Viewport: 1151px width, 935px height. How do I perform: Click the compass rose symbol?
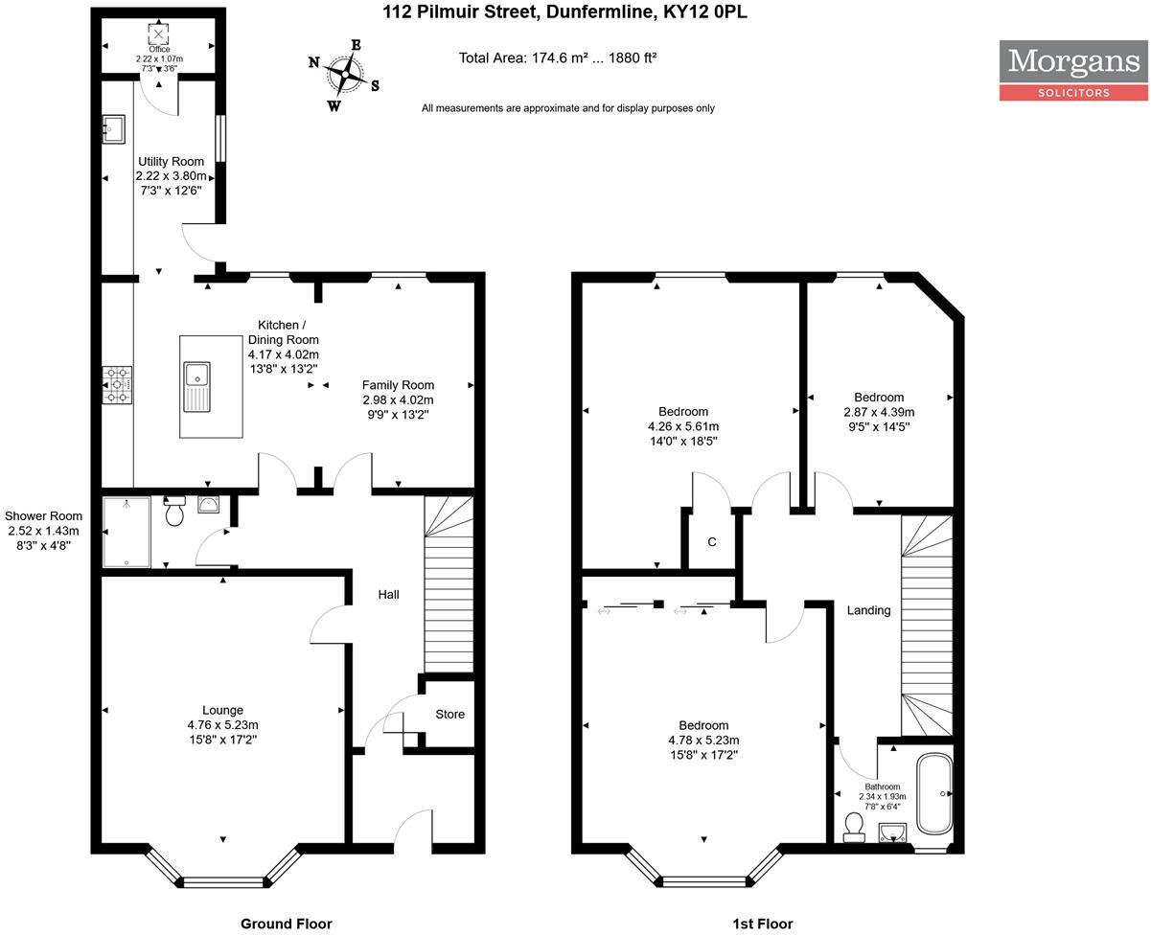point(344,72)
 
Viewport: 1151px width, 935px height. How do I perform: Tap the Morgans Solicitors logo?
point(1073,70)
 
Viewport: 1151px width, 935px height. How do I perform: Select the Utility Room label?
point(171,161)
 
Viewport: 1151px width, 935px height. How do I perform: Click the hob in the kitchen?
point(118,384)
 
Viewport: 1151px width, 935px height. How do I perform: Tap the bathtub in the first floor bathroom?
point(934,794)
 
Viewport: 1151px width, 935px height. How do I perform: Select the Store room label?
point(449,715)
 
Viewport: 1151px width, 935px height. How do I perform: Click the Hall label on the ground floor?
point(388,594)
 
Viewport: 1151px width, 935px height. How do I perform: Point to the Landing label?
point(868,610)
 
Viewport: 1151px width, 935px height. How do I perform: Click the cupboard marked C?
point(711,542)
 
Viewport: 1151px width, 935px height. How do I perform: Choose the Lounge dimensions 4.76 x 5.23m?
point(222,725)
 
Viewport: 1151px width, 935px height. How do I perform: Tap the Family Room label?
point(398,384)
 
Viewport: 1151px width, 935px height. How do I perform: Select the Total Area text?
point(557,57)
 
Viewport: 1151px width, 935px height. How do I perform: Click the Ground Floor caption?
point(286,924)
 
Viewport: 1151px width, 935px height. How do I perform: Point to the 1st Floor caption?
point(762,924)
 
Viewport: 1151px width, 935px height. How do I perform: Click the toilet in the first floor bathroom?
point(854,825)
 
